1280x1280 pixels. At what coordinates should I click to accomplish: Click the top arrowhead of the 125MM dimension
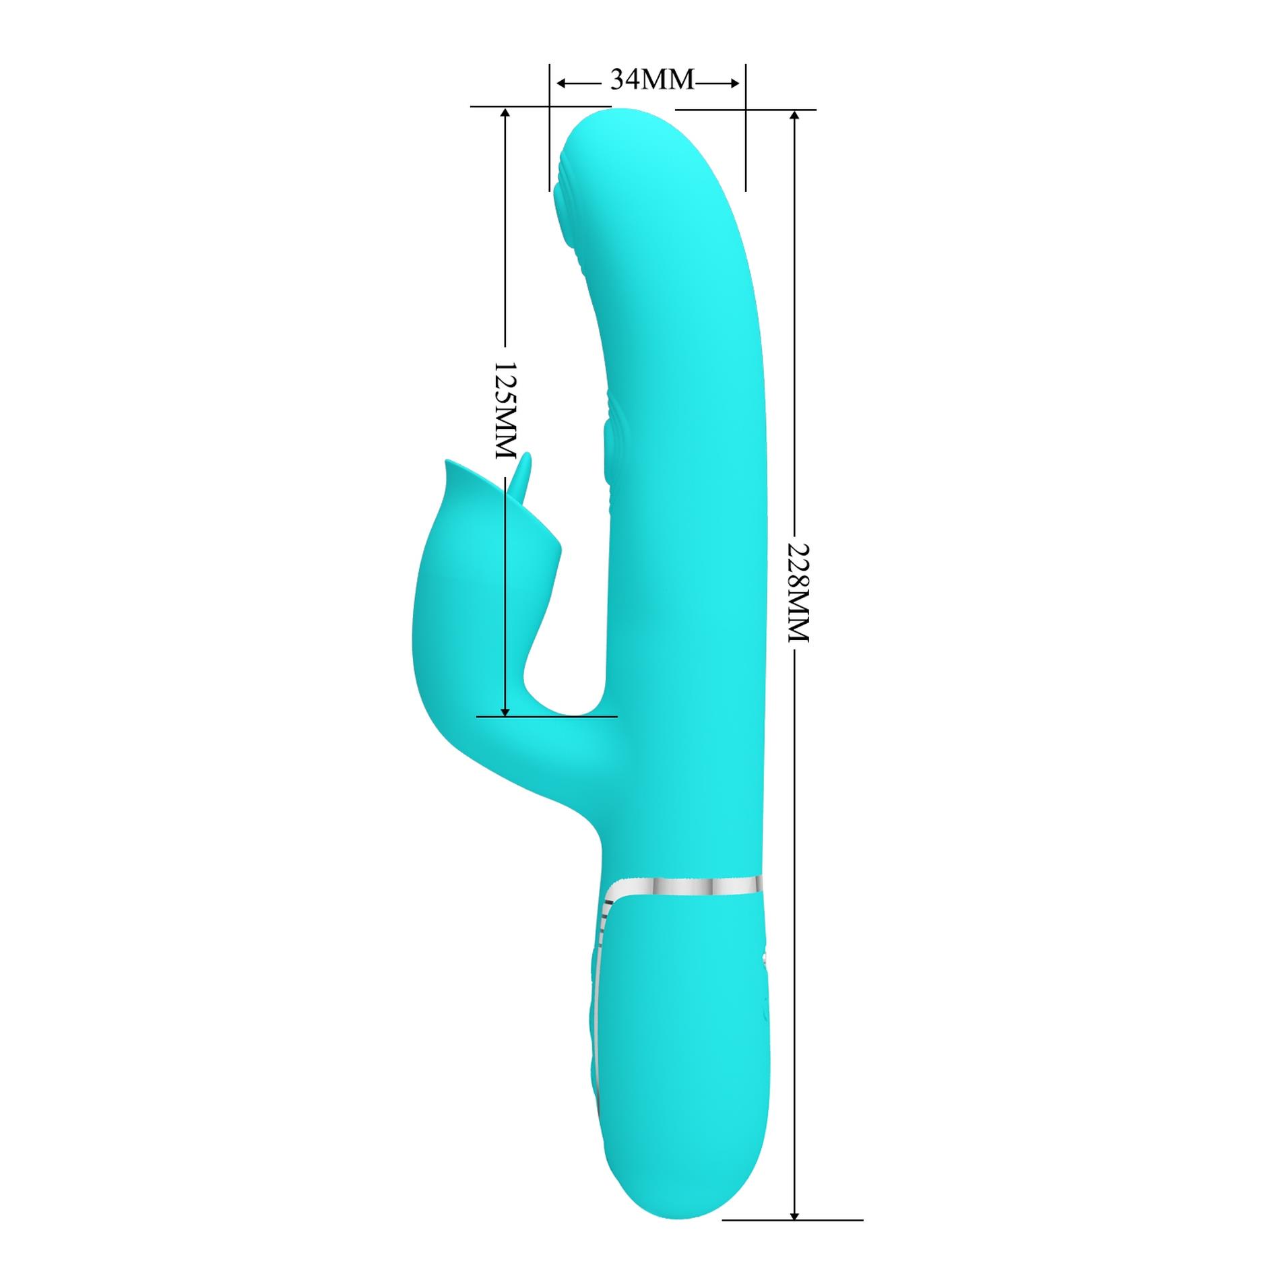click(x=505, y=114)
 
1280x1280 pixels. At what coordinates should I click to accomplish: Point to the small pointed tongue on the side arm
click(x=523, y=472)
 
